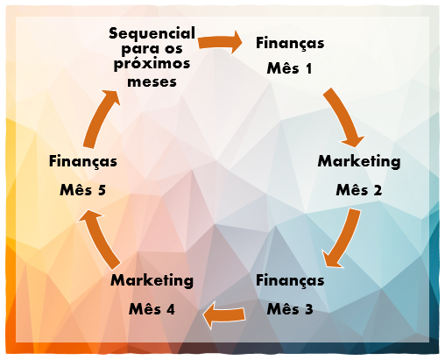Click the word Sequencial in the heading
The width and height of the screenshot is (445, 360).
(x=152, y=34)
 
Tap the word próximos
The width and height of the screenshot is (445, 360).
(x=152, y=64)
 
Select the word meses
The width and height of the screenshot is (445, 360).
(x=152, y=81)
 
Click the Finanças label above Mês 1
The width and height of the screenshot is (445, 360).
(x=290, y=44)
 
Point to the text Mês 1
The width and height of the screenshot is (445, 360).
(x=289, y=68)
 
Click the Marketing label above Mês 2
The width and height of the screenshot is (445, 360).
(x=359, y=161)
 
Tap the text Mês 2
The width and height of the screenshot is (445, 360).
(x=359, y=190)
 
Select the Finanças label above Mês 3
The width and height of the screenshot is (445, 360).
(x=290, y=280)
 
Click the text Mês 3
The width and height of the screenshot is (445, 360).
(x=290, y=309)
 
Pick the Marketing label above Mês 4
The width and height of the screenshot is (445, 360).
(x=152, y=280)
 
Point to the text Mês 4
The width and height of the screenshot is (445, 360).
(x=152, y=309)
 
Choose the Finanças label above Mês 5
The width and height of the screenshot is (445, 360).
(x=83, y=161)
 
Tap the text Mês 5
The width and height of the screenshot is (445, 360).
(x=83, y=190)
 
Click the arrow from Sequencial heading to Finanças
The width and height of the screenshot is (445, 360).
(x=220, y=43)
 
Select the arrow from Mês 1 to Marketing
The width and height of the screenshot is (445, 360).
(x=343, y=116)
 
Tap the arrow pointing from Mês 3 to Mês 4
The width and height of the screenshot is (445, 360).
(x=224, y=315)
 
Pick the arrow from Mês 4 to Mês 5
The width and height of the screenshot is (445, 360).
(x=100, y=238)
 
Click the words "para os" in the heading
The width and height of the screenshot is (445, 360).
(x=152, y=49)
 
